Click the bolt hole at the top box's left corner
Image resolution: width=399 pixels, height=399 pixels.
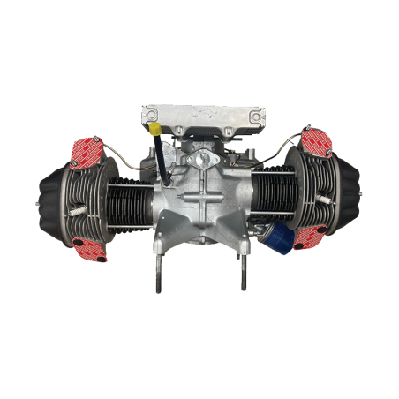point(149,113)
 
